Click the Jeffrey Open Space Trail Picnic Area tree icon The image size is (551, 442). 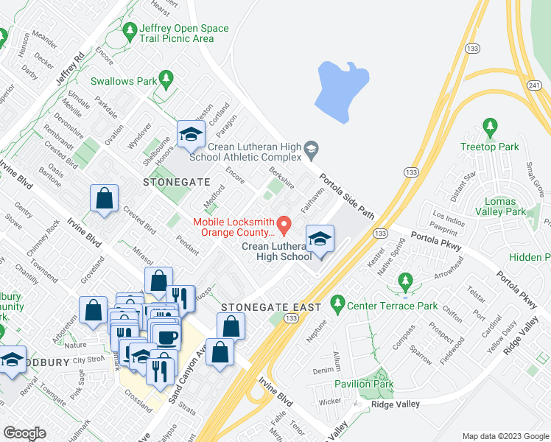[x=130, y=30]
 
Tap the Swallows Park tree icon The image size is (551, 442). [x=166, y=77]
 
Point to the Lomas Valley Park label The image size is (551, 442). [x=505, y=206]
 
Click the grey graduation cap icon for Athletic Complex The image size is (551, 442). [x=312, y=150]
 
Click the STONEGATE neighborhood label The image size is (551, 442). [x=176, y=181]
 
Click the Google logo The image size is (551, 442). [x=24, y=432]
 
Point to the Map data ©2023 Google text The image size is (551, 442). [x=506, y=435]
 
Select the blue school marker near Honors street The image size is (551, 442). [x=190, y=134]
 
